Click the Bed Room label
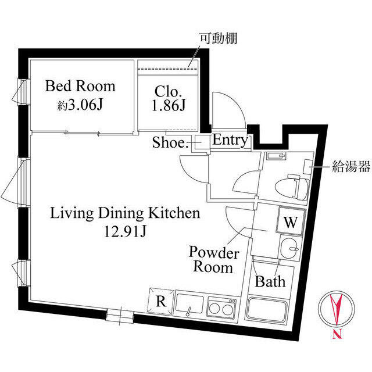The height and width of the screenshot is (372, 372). [x=80, y=87]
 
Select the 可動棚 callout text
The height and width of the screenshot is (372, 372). [x=219, y=39]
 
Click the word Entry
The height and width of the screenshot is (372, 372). [x=230, y=140]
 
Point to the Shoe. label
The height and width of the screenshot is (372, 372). [x=170, y=142]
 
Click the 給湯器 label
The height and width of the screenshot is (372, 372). [x=351, y=168]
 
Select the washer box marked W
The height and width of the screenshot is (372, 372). [x=291, y=221]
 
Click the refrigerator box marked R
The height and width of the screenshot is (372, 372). [x=160, y=302]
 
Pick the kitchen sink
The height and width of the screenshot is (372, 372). [x=189, y=306]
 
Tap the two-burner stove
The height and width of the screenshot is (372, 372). [x=221, y=306]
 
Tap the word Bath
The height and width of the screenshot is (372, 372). [x=271, y=282]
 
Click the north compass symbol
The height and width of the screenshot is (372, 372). [x=336, y=313]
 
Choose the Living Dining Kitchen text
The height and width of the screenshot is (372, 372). [x=126, y=213]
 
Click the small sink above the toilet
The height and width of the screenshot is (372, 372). [x=276, y=156]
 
